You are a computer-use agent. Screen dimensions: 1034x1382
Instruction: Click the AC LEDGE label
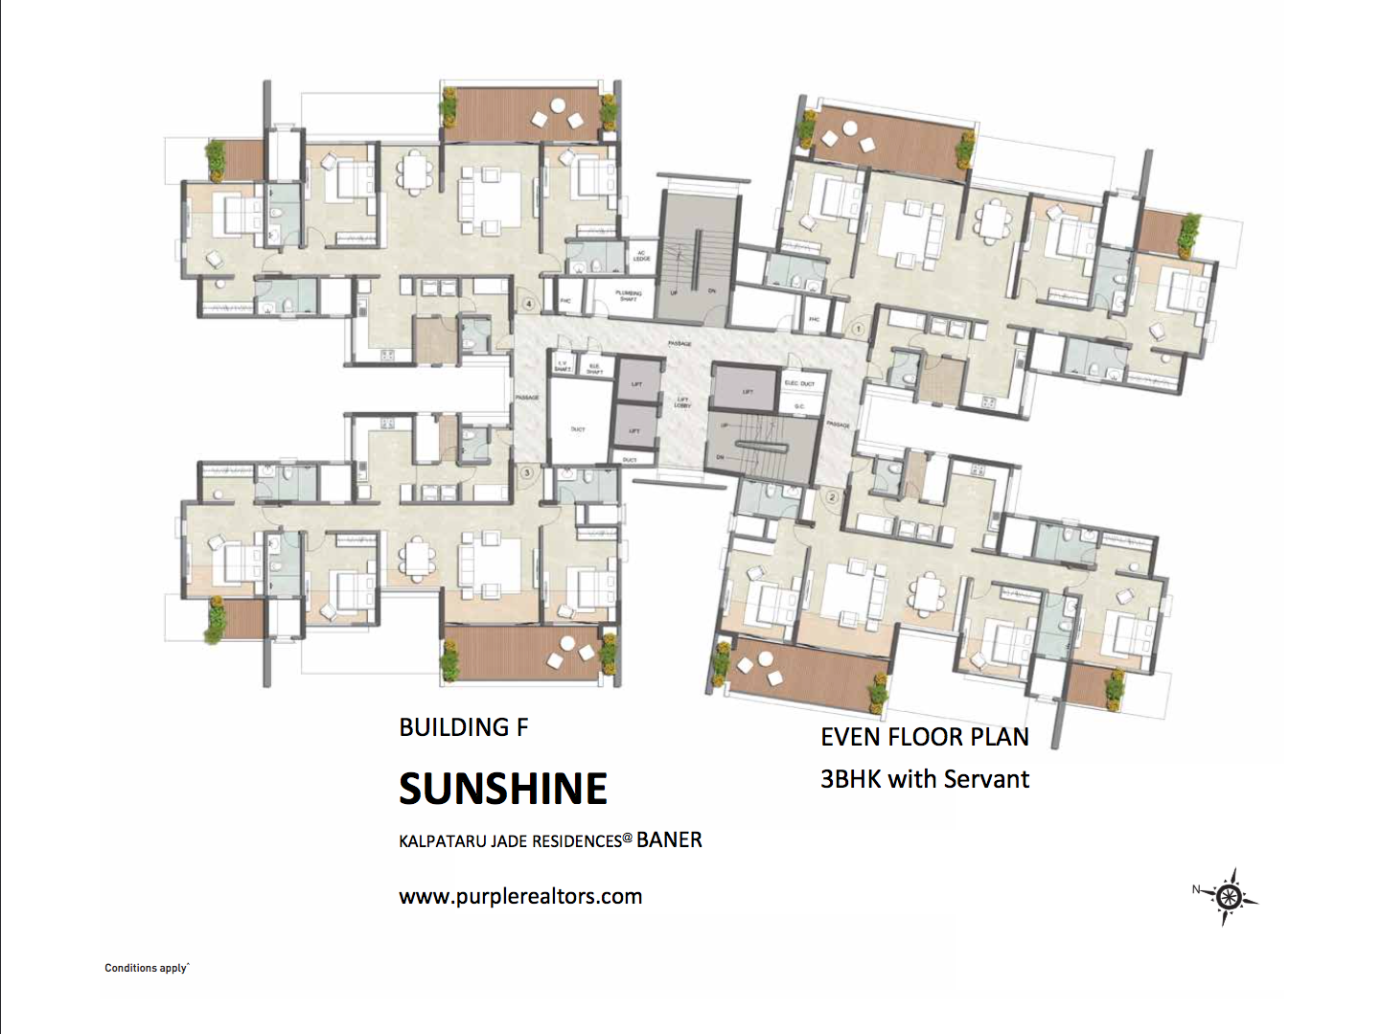pyautogui.click(x=641, y=257)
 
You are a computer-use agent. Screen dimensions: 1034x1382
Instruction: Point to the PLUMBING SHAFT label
pyautogui.click(x=628, y=296)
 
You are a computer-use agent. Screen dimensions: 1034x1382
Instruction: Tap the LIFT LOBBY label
pyautogui.click(x=682, y=402)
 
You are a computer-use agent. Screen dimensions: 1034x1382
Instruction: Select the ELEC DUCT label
pyautogui.click(x=799, y=383)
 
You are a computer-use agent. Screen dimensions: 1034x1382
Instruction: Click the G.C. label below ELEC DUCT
pyautogui.click(x=799, y=406)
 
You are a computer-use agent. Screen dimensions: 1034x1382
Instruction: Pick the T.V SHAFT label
pyautogui.click(x=563, y=366)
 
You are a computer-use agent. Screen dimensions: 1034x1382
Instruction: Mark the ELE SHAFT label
pyautogui.click(x=594, y=368)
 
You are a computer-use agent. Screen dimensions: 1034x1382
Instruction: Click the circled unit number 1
pyautogui.click(x=858, y=329)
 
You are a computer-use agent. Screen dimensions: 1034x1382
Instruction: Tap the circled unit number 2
pyautogui.click(x=832, y=496)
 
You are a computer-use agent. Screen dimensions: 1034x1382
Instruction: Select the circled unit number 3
pyautogui.click(x=526, y=472)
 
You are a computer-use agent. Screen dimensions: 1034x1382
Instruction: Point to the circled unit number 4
pyautogui.click(x=529, y=304)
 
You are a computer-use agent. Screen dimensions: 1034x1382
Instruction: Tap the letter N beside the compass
pyautogui.click(x=1196, y=889)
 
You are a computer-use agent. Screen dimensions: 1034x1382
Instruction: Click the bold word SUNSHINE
pyautogui.click(x=503, y=790)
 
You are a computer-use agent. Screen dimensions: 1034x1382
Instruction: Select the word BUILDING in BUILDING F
pyautogui.click(x=454, y=727)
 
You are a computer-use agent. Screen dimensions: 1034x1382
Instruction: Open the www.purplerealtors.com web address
pyautogui.click(x=520, y=897)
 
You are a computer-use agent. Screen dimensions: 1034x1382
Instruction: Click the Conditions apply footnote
pyautogui.click(x=147, y=968)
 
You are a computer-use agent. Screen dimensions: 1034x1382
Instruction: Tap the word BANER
pyautogui.click(x=669, y=840)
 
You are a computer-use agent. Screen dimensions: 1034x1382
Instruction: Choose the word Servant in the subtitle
pyautogui.click(x=986, y=779)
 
